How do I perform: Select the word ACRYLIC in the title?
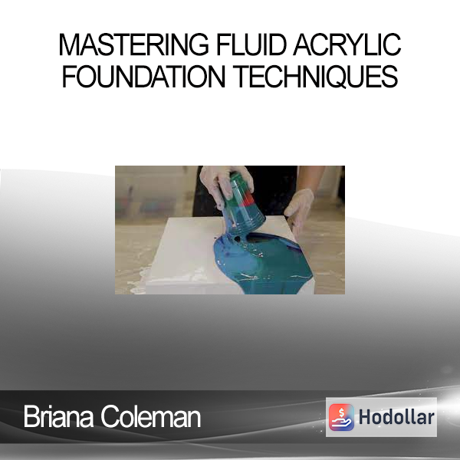pos(347,44)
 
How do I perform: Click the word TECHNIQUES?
pos(316,76)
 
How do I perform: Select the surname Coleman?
pos(151,416)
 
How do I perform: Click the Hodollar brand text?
pos(396,417)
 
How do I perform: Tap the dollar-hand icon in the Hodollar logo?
pos(341,417)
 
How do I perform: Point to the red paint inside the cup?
pos(248,199)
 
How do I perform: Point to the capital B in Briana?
pos(31,416)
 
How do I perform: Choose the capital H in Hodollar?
pos(366,417)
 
